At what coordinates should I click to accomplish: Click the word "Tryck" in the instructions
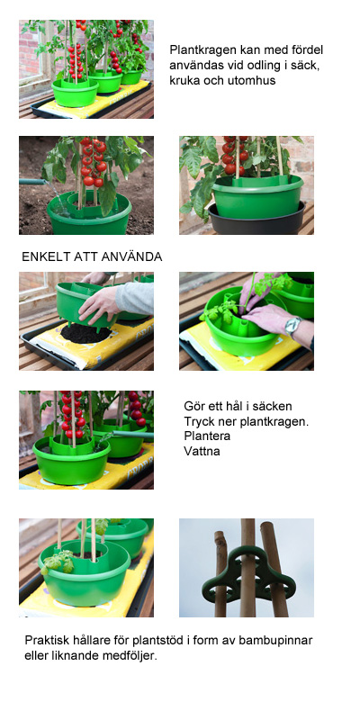tap(201, 420)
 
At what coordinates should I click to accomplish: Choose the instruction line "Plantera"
tap(206, 435)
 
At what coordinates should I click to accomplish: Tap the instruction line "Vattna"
tap(202, 449)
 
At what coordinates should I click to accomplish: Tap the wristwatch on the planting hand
tap(292, 325)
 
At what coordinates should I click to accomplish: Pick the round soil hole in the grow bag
tap(85, 333)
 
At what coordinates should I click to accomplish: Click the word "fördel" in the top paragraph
tap(305, 49)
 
